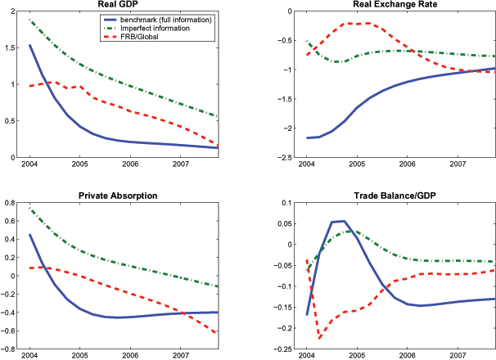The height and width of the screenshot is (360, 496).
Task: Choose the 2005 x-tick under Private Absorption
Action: [x=79, y=357]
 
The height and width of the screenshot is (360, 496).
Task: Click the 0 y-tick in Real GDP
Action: [x=16, y=158]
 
